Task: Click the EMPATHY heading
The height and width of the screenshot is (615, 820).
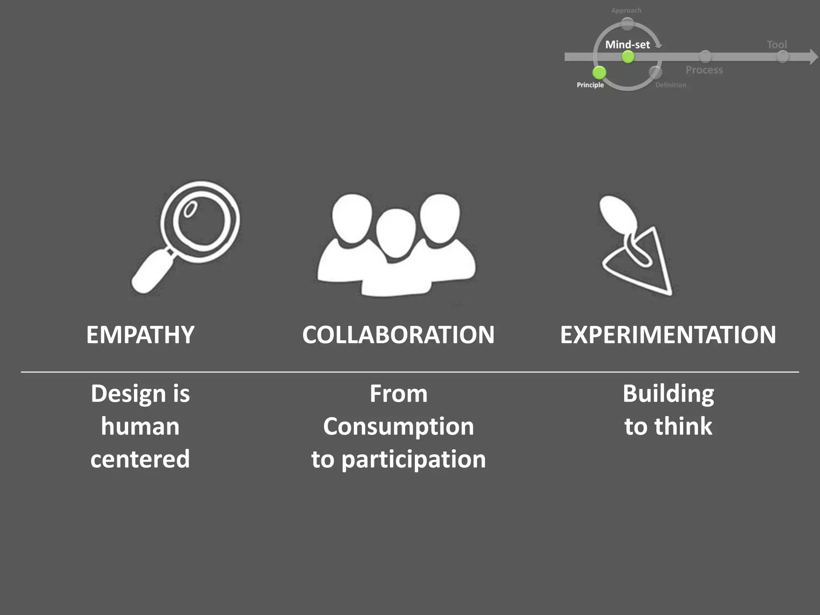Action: coord(140,335)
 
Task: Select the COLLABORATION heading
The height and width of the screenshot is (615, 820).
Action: coord(398,335)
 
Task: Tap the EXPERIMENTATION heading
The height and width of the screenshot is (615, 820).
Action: coord(668,335)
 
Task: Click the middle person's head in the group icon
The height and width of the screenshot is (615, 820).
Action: coord(396,233)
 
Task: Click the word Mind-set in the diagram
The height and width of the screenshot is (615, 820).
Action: coord(627,44)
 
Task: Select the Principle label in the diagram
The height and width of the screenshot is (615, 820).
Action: coord(590,85)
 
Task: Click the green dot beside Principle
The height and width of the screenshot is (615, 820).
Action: coord(599,72)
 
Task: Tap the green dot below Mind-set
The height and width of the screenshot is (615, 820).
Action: coord(628,57)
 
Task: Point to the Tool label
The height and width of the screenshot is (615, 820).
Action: coord(777,44)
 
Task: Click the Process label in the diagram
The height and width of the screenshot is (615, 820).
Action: coord(704,70)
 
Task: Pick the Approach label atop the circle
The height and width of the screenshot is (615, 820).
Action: coord(626,10)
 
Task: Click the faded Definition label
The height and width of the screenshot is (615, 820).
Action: coord(671,85)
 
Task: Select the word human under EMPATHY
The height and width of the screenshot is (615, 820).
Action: coord(140,426)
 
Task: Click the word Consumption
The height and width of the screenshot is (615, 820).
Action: coord(398,426)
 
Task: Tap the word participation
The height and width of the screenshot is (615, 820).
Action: coord(414,459)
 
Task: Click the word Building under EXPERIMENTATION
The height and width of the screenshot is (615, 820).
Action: coord(668,394)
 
